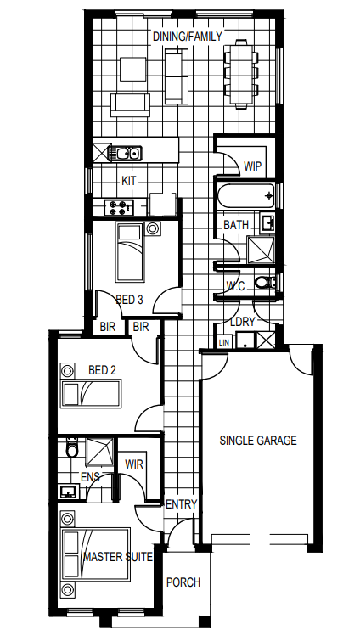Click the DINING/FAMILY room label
187,37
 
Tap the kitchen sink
125,154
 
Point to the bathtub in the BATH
246,195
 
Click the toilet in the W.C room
265,282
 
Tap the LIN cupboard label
224,343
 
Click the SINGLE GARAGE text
258,441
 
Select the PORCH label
183,582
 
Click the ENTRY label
182,504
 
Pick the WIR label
134,464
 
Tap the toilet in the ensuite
72,447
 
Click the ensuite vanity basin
69,491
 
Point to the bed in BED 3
131,252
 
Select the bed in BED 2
91,393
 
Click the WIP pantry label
252,166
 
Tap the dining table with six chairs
241,74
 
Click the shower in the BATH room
262,250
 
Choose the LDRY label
242,322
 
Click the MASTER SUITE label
118,557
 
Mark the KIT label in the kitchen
129,181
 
